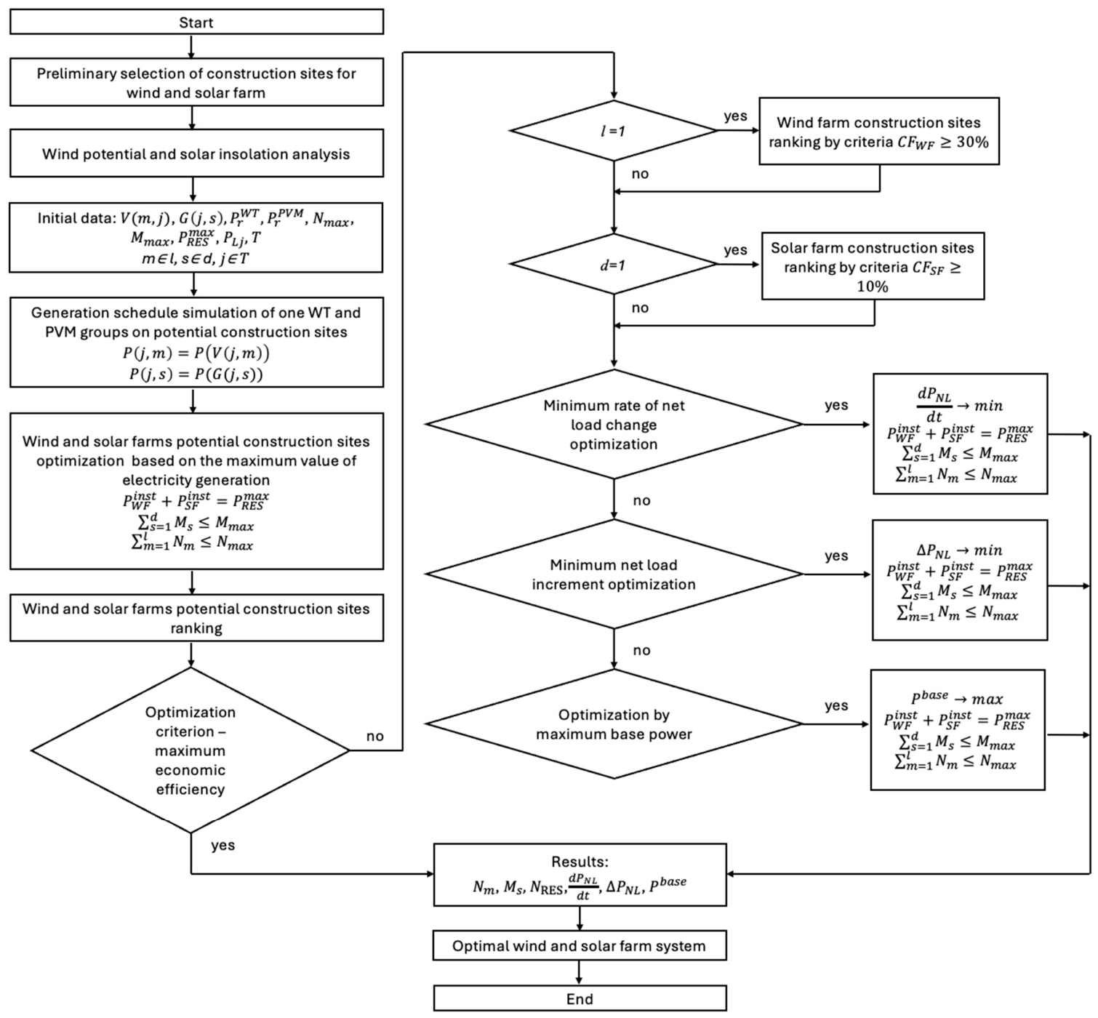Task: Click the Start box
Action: pos(197,22)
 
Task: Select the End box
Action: pos(580,998)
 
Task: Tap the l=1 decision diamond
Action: pos(614,131)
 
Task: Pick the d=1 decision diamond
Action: pos(614,264)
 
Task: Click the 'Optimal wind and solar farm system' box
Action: pos(580,945)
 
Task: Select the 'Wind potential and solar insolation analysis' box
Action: pos(197,153)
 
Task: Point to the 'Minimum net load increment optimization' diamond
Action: pos(614,574)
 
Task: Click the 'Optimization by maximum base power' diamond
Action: pos(614,724)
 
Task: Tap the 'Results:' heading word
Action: pos(580,862)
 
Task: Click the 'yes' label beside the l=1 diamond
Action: pos(735,116)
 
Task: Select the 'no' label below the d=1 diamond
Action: pos(640,308)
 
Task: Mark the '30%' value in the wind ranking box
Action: pos(972,142)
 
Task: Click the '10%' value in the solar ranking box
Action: pos(873,286)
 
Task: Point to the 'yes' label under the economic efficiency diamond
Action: pos(223,846)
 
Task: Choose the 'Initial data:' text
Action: pos(76,218)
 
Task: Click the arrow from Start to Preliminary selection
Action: pos(192,47)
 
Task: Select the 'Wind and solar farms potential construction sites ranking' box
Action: pos(197,617)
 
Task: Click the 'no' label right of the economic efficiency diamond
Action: pos(374,736)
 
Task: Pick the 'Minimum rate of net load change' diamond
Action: pos(614,424)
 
